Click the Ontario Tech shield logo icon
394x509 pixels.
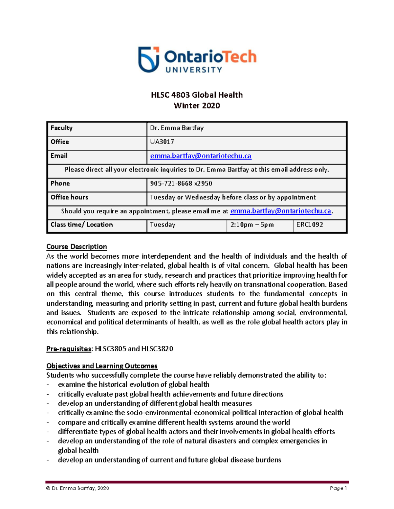tap(149, 59)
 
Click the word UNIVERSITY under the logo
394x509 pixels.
tap(194, 70)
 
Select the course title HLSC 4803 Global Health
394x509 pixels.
tap(197, 95)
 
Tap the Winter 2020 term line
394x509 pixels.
tap(197, 106)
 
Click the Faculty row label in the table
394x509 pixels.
tap(61, 128)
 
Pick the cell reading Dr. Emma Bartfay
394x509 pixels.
tap(177, 128)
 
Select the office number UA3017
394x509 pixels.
tap(162, 142)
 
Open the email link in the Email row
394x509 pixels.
tap(201, 156)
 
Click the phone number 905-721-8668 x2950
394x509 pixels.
tap(181, 184)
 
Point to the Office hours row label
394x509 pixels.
tap(69, 197)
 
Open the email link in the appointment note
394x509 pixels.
tap(280, 211)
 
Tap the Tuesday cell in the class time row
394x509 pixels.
tap(163, 225)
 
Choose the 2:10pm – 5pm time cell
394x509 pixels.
tap(252, 225)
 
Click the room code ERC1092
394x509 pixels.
tap(310, 225)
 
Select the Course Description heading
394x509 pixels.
tap(77, 246)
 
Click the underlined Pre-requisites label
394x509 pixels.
tap(69, 349)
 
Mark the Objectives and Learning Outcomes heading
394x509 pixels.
tap(102, 366)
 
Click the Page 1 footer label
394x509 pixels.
tap(338, 488)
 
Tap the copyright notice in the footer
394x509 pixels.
tap(78, 488)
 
